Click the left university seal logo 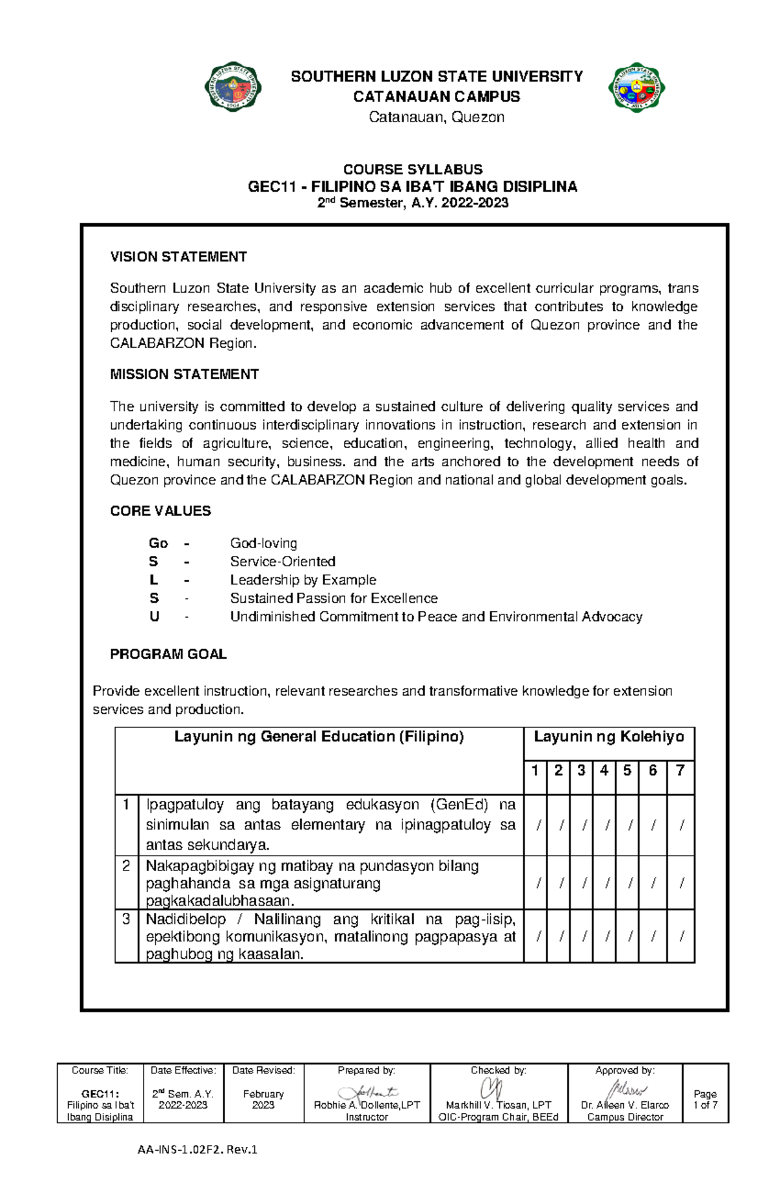pos(233,87)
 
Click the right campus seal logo pos(636,87)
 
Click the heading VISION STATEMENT pos(178,257)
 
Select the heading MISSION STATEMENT pos(184,374)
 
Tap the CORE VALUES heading pos(161,511)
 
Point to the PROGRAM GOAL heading pos(168,654)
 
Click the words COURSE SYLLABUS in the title pos(413,169)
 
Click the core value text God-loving pos(263,543)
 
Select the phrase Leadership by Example pos(303,580)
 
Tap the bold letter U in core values pos(154,616)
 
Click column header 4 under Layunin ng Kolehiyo pos(604,770)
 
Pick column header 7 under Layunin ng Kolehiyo pos(680,770)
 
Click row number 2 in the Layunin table pos(126,866)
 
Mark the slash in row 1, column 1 pos(538,826)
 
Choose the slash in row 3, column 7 pos(681,936)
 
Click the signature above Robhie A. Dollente pos(367,1093)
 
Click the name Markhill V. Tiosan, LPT pos(499,1105)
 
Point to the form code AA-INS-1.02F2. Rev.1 pos(198,1149)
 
